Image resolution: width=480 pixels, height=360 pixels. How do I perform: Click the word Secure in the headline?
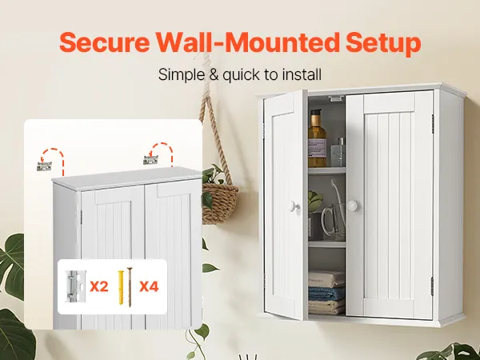point(105,42)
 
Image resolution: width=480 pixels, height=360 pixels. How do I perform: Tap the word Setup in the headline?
point(383,44)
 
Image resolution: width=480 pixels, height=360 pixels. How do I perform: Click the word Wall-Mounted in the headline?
point(248,42)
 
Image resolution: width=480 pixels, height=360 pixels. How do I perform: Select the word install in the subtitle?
point(302,74)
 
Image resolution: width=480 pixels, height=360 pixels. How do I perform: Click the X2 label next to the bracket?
point(99,286)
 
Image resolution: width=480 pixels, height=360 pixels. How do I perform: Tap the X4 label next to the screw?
point(149,286)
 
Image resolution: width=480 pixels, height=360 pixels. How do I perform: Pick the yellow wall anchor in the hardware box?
point(122,287)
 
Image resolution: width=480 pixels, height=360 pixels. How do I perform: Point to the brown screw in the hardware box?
point(130,287)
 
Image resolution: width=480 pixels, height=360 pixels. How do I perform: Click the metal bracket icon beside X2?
point(74,286)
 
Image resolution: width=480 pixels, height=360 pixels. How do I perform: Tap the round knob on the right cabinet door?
point(353,205)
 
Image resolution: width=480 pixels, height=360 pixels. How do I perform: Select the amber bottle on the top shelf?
point(317,138)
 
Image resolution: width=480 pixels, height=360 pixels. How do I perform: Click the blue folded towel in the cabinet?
point(326,293)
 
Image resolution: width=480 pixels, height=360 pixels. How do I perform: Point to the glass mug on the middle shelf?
point(333,221)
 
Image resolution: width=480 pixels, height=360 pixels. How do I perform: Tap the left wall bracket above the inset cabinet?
point(44,166)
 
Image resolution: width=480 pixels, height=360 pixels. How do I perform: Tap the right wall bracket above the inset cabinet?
point(151,159)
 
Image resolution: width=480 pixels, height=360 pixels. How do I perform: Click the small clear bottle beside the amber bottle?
point(338,152)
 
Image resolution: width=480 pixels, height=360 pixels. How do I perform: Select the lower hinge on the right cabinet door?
point(432,286)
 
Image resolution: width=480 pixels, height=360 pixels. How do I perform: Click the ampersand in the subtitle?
point(214,74)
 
